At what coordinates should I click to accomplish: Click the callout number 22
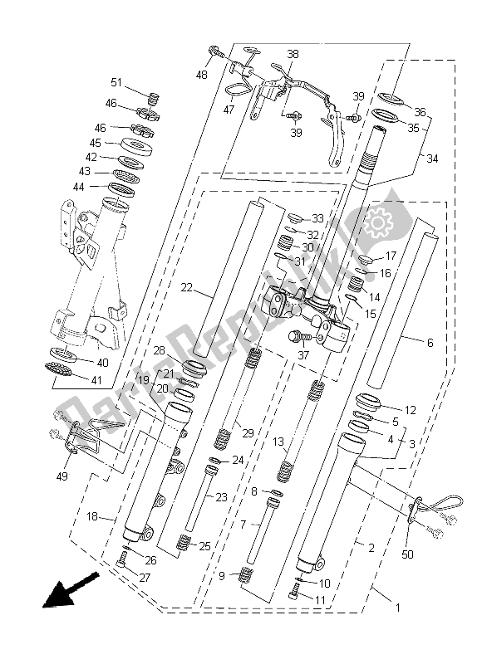[x=186, y=287]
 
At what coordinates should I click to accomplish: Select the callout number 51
[x=116, y=82]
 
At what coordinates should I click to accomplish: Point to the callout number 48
[x=202, y=75]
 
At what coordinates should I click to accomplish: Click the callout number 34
[x=433, y=158]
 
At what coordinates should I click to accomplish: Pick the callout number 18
[x=96, y=516]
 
